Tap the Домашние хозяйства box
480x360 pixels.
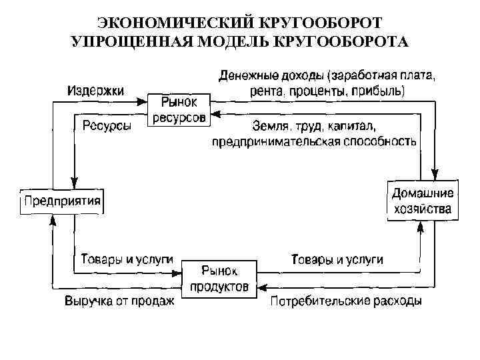click(422, 201)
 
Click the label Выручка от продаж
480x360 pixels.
click(119, 301)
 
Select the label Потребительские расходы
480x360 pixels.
click(346, 301)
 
